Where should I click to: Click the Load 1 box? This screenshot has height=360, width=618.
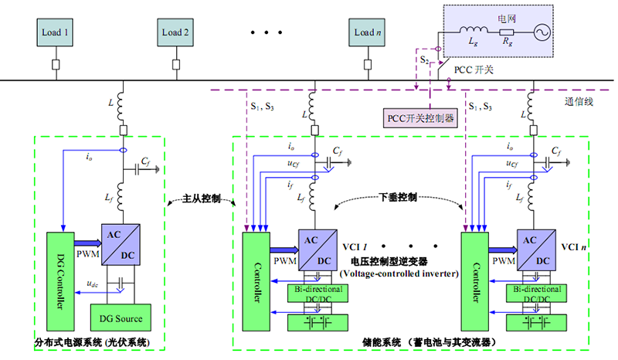click(x=56, y=32)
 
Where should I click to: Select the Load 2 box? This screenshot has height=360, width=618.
click(x=175, y=32)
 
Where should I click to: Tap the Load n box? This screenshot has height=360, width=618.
click(x=368, y=32)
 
